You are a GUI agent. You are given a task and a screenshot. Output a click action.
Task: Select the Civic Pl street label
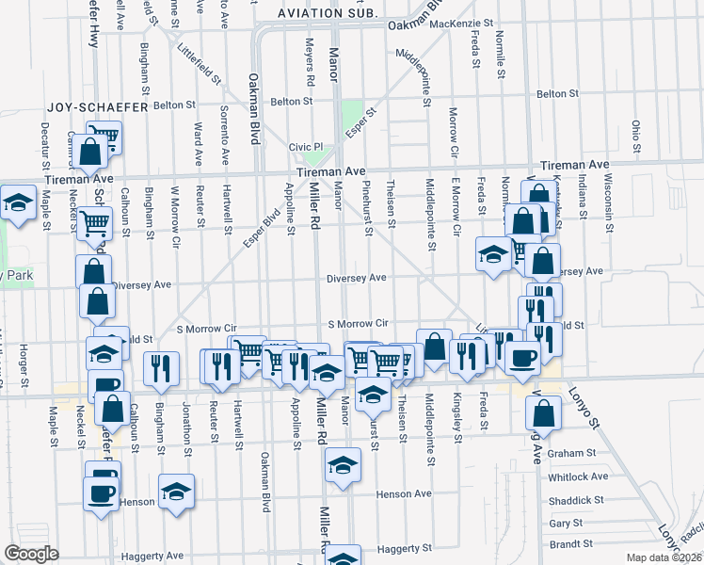click(x=306, y=147)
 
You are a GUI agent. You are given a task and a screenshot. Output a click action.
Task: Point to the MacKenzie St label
click(x=461, y=23)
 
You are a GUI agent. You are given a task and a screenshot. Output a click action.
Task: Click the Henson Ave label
click(x=403, y=493)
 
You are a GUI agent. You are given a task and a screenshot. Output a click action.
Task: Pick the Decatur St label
click(x=45, y=141)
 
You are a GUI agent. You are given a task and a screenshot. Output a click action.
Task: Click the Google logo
click(x=31, y=554)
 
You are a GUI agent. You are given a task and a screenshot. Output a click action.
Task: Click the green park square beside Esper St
click(x=352, y=112)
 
